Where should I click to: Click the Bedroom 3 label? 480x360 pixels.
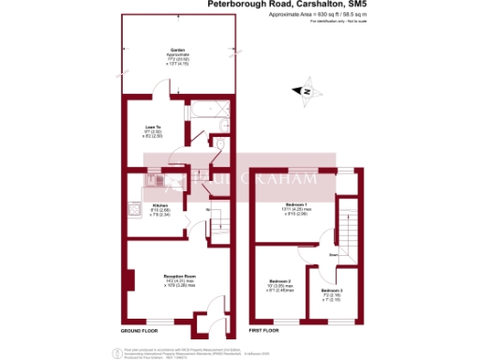pyautogui.click(x=335, y=292)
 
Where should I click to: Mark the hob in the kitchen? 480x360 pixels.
pyautogui.click(x=135, y=212)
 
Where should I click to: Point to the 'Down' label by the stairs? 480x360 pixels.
pyautogui.click(x=333, y=254)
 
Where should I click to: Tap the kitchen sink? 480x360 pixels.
pyautogui.click(x=157, y=179)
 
